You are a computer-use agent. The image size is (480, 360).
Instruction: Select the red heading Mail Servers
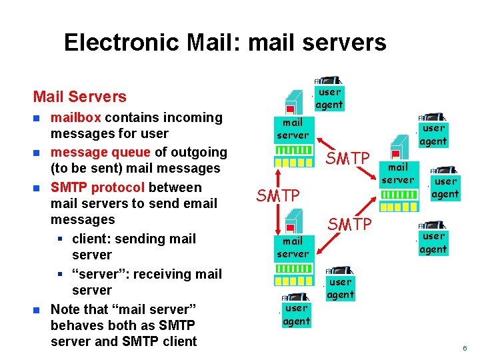(79, 97)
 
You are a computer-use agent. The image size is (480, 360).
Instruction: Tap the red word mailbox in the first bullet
(76, 118)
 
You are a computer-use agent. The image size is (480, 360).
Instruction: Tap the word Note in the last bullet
(65, 309)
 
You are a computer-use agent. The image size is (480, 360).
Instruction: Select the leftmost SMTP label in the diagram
(278, 195)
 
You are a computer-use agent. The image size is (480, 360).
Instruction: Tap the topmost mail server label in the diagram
(293, 129)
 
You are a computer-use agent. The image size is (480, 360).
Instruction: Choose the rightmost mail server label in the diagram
(398, 173)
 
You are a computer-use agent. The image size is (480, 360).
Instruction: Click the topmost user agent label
(329, 98)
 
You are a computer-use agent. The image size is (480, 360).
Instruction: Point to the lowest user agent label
(296, 315)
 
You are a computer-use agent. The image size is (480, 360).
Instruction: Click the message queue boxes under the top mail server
(293, 161)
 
